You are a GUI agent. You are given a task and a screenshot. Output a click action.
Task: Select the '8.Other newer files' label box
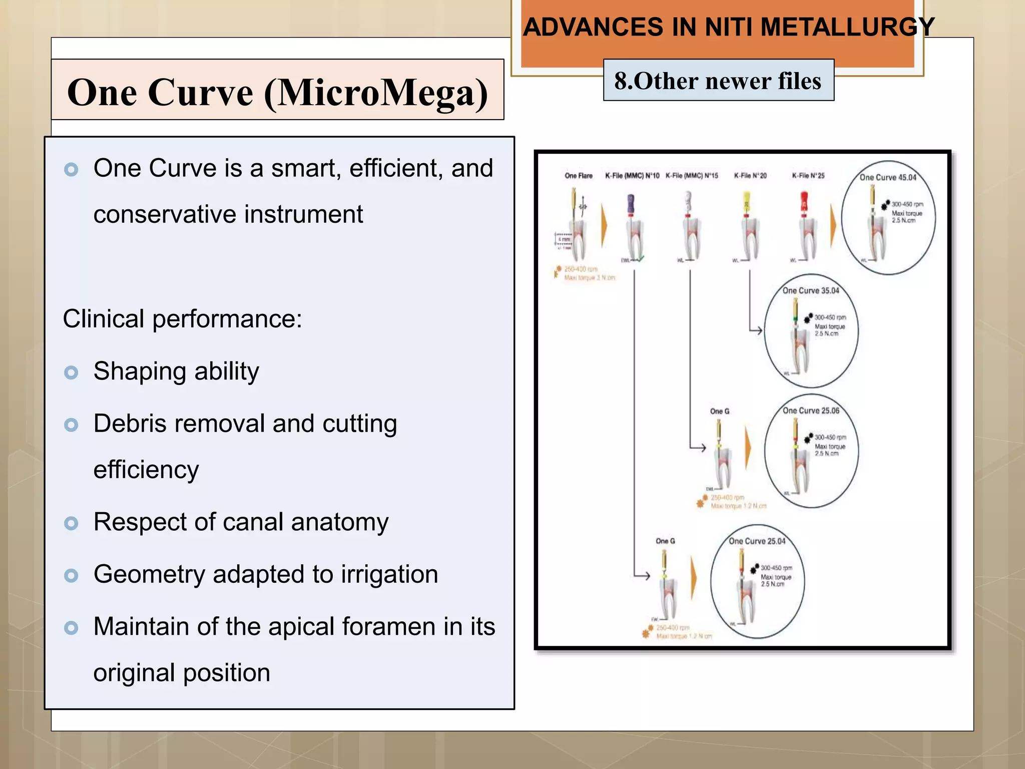click(718, 81)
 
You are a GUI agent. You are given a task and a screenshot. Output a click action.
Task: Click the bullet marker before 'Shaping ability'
click(72, 372)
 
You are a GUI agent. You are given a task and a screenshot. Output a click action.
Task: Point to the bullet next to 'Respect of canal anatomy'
click(72, 523)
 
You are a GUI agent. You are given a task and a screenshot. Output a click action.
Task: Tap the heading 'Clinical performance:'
click(182, 319)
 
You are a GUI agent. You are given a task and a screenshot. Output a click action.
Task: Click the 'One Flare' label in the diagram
click(578, 176)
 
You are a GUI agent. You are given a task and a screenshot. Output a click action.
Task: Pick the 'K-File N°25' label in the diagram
click(808, 176)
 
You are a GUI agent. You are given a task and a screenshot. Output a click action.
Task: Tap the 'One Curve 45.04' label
click(887, 177)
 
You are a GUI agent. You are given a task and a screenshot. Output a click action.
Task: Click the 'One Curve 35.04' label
click(810, 290)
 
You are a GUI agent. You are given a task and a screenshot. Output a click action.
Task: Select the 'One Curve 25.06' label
click(811, 411)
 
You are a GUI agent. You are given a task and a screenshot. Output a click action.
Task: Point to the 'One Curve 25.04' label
click(757, 541)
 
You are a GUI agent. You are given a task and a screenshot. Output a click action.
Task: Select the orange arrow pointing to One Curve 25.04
click(694, 578)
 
